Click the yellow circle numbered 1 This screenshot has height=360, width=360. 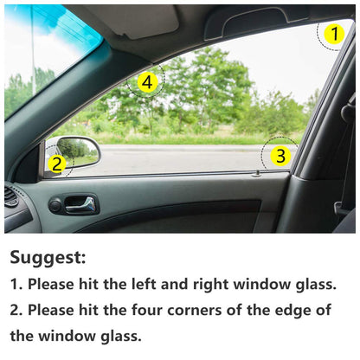[334, 35]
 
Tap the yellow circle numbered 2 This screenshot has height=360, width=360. [56, 163]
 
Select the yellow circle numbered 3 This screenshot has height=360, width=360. [279, 156]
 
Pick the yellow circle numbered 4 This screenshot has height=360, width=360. [147, 82]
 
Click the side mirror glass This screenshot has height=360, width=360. [79, 150]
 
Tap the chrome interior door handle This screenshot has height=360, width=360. [80, 204]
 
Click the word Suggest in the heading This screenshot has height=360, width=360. [48, 257]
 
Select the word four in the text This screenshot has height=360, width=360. [164, 309]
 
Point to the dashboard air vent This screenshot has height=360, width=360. [10, 197]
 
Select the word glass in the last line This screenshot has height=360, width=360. [117, 335]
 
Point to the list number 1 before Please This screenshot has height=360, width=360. [16, 283]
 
